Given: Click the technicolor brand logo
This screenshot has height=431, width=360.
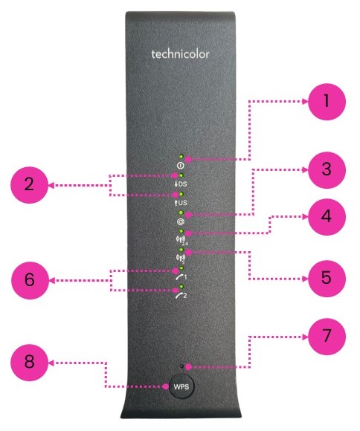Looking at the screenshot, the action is pyautogui.click(x=180, y=54).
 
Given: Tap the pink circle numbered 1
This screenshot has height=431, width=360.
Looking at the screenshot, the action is pyautogui.click(x=327, y=101).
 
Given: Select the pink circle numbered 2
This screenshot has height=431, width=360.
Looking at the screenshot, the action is pyautogui.click(x=30, y=185).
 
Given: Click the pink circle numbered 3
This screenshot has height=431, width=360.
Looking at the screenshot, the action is pyautogui.click(x=327, y=169).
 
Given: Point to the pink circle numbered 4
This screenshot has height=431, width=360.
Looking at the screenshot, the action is pyautogui.click(x=327, y=216).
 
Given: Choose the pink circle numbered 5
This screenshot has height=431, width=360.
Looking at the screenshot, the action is pyautogui.click(x=327, y=279).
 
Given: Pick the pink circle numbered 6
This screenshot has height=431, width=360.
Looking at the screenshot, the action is pyautogui.click(x=30, y=281).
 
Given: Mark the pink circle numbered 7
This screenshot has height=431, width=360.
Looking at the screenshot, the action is pyautogui.click(x=327, y=336).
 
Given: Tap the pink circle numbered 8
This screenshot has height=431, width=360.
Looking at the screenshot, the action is pyautogui.click(x=30, y=363).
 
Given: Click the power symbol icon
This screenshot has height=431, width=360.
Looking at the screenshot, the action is pyautogui.click(x=181, y=166).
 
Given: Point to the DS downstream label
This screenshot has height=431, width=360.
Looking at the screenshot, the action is pyautogui.click(x=181, y=184).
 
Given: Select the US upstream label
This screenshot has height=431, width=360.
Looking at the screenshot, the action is pyautogui.click(x=181, y=203).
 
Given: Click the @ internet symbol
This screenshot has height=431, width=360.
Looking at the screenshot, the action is pyautogui.click(x=181, y=221).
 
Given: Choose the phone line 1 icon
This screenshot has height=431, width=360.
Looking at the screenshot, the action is pyautogui.click(x=181, y=276).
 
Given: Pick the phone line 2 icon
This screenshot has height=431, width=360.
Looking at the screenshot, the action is pyautogui.click(x=181, y=296).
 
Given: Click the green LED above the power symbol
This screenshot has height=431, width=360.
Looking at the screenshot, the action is pyautogui.click(x=181, y=157).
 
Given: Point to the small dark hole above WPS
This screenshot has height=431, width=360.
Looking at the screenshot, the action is pyautogui.click(x=181, y=366).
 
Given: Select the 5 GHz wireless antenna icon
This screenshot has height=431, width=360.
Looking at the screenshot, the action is pyautogui.click(x=181, y=259).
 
